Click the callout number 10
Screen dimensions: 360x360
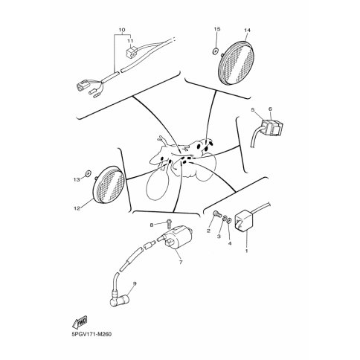click(x=122, y=30)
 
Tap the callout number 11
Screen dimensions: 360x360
click(x=130, y=41)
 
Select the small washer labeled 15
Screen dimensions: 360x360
click(x=215, y=51)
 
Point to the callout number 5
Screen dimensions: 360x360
click(x=253, y=109)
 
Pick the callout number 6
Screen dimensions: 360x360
click(x=270, y=109)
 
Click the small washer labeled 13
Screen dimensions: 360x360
click(x=88, y=173)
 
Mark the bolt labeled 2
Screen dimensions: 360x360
click(x=216, y=213)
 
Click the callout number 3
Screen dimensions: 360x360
click(x=219, y=237)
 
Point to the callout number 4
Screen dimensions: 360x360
click(x=230, y=243)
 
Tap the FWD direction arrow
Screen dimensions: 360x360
click(x=80, y=322)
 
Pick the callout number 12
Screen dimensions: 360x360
click(x=77, y=208)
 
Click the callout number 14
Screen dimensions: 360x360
click(x=247, y=30)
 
